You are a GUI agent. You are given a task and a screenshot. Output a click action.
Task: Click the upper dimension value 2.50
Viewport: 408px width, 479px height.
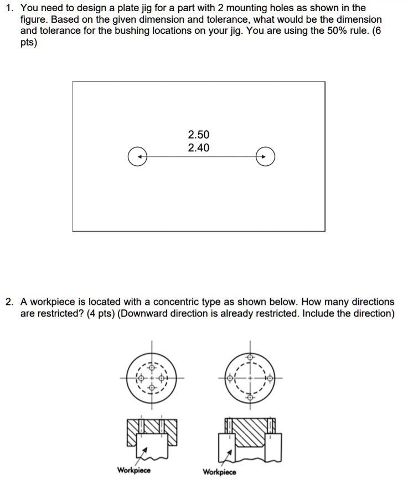pyautogui.click(x=199, y=135)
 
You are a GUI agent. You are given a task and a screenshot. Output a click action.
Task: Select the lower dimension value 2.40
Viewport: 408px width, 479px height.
pyautogui.click(x=199, y=148)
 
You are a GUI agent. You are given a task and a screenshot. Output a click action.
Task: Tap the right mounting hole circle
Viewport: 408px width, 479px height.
pyautogui.click(x=265, y=157)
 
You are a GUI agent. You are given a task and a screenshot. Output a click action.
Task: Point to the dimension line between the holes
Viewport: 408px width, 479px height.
pyautogui.click(x=201, y=157)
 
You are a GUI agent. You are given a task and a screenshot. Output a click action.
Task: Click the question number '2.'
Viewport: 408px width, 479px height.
pyautogui.click(x=10, y=302)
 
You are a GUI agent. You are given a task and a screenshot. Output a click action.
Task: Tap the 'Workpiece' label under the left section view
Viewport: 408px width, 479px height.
pyautogui.click(x=133, y=470)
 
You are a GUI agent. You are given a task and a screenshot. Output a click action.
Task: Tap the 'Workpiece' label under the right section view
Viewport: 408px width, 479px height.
pyautogui.click(x=219, y=472)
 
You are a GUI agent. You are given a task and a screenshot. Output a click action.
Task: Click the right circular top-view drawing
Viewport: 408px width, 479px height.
pyautogui.click(x=250, y=379)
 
